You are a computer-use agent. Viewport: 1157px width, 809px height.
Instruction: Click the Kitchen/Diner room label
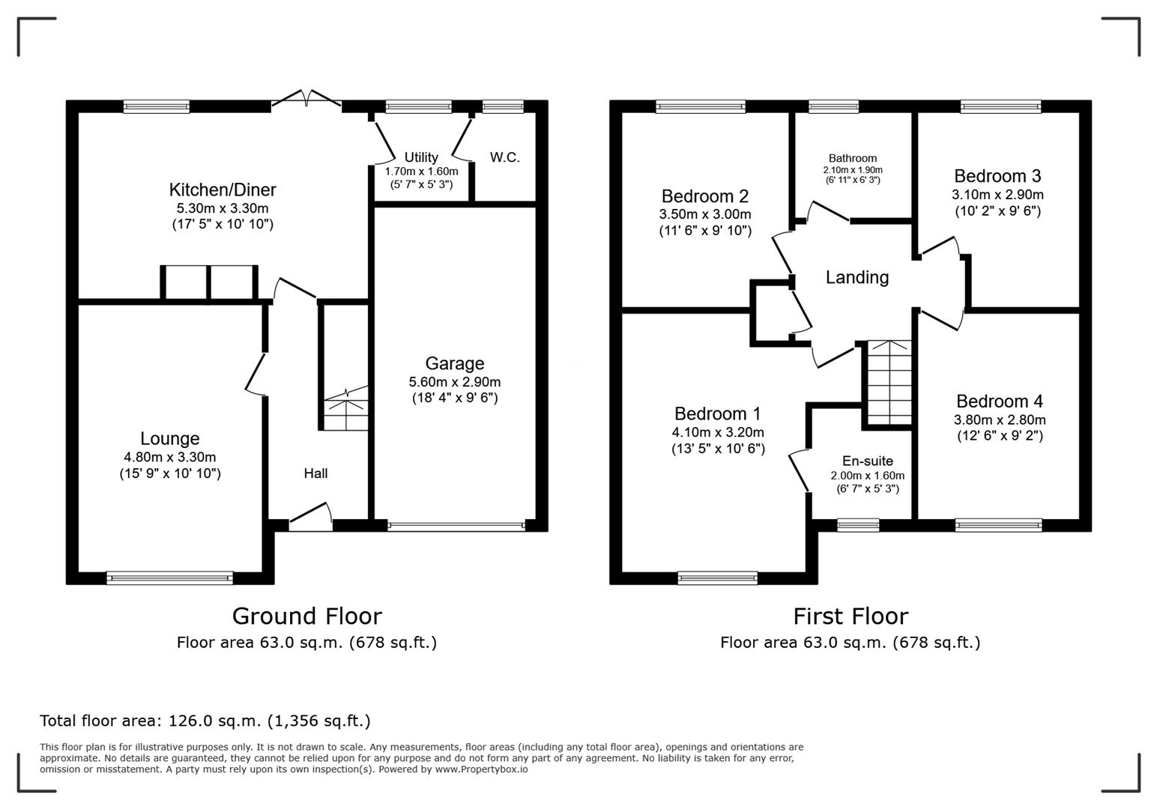[223, 190]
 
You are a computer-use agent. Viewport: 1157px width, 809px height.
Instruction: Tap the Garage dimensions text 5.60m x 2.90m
[454, 382]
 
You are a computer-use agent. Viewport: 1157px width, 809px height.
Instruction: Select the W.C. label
[504, 158]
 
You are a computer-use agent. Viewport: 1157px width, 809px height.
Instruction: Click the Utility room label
[420, 157]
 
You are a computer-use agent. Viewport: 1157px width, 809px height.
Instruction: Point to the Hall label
[315, 473]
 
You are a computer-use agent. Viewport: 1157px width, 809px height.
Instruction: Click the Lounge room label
[170, 439]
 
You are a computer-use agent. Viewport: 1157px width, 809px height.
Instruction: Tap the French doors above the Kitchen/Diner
[306, 100]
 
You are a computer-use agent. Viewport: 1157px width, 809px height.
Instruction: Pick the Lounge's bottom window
[170, 578]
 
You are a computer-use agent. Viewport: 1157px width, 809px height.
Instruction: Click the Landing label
[857, 278]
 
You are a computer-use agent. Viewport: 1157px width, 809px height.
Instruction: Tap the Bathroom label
[853, 158]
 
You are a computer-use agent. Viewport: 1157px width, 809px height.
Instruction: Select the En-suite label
[868, 461]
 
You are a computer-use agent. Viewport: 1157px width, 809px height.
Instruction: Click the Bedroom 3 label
[997, 177]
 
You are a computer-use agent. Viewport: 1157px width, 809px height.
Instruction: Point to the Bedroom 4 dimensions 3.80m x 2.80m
[1000, 420]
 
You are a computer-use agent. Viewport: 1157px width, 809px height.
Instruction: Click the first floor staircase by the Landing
[889, 382]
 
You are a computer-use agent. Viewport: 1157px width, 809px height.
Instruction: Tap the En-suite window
[858, 525]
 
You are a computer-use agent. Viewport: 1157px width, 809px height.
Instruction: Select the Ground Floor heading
[306, 616]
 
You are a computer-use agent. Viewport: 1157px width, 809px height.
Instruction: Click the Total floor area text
[205, 721]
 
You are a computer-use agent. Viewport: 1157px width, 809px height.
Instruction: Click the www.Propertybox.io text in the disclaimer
[481, 769]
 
